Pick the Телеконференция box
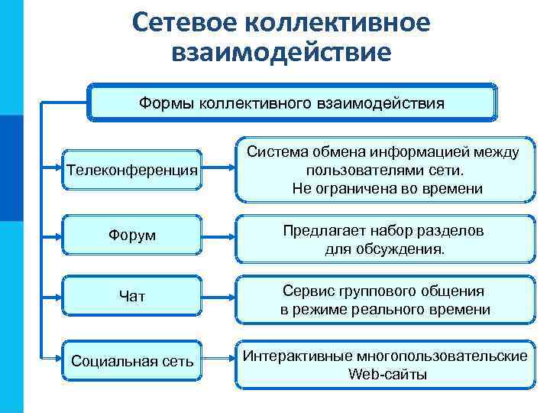click(132, 169)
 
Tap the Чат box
click(132, 296)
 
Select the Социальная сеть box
click(132, 360)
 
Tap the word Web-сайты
click(387, 375)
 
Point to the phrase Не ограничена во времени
click(387, 188)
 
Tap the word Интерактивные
click(291, 356)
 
